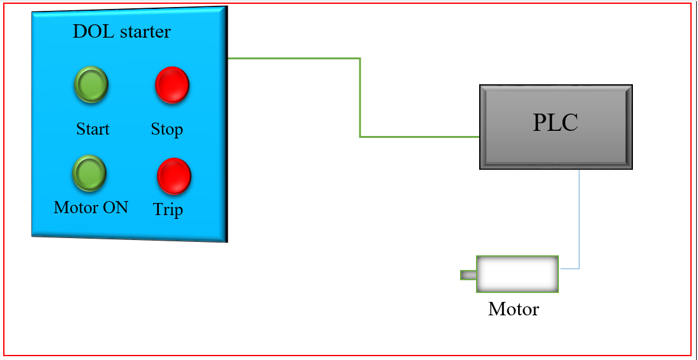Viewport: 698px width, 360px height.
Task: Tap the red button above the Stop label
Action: click(172, 84)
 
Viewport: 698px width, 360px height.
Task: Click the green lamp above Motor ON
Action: click(89, 172)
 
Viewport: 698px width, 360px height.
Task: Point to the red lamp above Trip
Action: click(174, 176)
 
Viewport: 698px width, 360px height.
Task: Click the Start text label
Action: click(93, 129)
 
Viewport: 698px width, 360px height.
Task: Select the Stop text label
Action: click(167, 129)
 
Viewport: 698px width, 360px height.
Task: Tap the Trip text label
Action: click(168, 209)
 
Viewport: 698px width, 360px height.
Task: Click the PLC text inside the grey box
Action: click(555, 123)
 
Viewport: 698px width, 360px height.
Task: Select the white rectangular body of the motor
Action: click(517, 274)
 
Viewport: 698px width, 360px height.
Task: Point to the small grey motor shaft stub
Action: click(468, 275)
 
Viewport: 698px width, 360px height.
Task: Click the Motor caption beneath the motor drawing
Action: click(514, 310)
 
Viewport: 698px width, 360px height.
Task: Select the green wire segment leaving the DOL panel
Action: click(293, 58)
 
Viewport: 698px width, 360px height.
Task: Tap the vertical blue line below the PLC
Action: click(579, 217)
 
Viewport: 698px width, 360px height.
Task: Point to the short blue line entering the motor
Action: click(569, 269)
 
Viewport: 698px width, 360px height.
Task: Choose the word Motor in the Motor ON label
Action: click(77, 207)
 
